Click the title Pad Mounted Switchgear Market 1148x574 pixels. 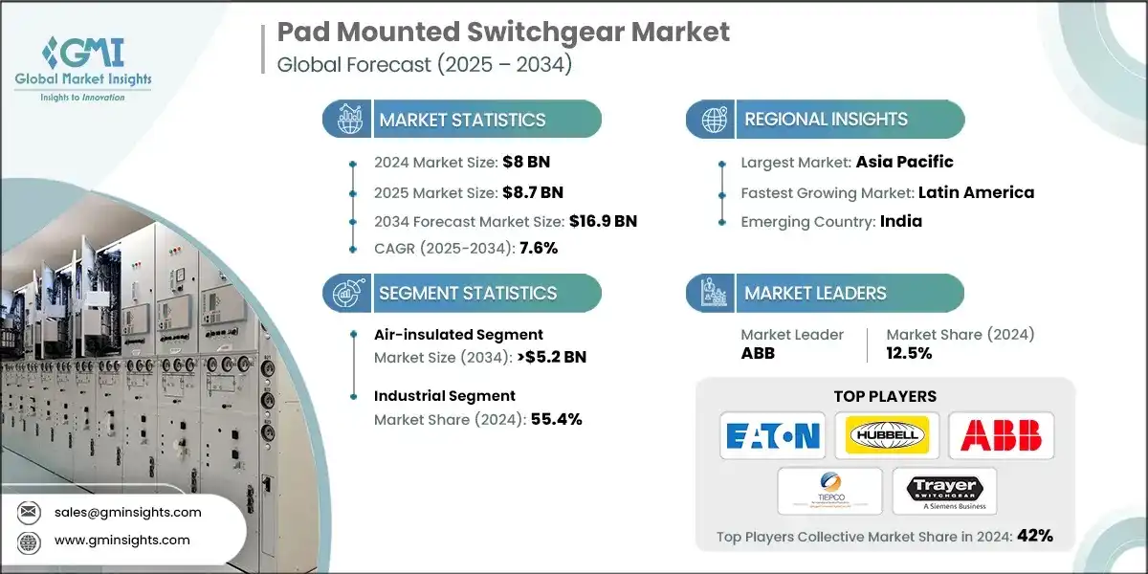coord(503,32)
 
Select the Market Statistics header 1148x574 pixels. coord(461,120)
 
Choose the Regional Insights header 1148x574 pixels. coord(825,120)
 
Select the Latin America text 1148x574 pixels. coord(976,192)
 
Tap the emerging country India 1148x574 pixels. coord(901,221)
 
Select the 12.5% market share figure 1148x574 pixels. coord(909,353)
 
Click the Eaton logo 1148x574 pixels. coord(772,436)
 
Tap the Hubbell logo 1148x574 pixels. coord(886,436)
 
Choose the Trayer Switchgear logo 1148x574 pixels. coord(943,491)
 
